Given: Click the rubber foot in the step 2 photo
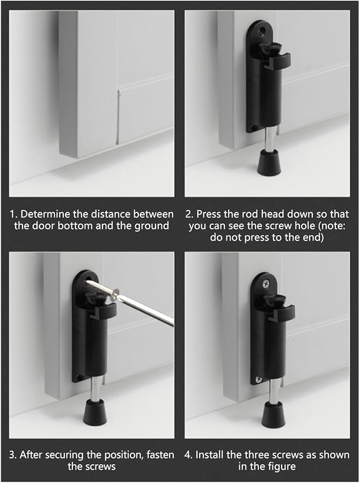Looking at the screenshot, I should pyautogui.click(x=268, y=163).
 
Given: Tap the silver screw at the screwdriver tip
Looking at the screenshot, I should pyautogui.click(x=105, y=288).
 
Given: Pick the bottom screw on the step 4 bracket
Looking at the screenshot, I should pyautogui.click(x=259, y=379).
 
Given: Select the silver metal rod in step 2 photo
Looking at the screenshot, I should pyautogui.click(x=266, y=141).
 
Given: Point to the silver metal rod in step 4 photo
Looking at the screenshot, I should pyautogui.click(x=273, y=391).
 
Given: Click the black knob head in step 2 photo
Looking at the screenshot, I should pyautogui.click(x=268, y=49).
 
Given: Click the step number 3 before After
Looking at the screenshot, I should pyautogui.click(x=12, y=455).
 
